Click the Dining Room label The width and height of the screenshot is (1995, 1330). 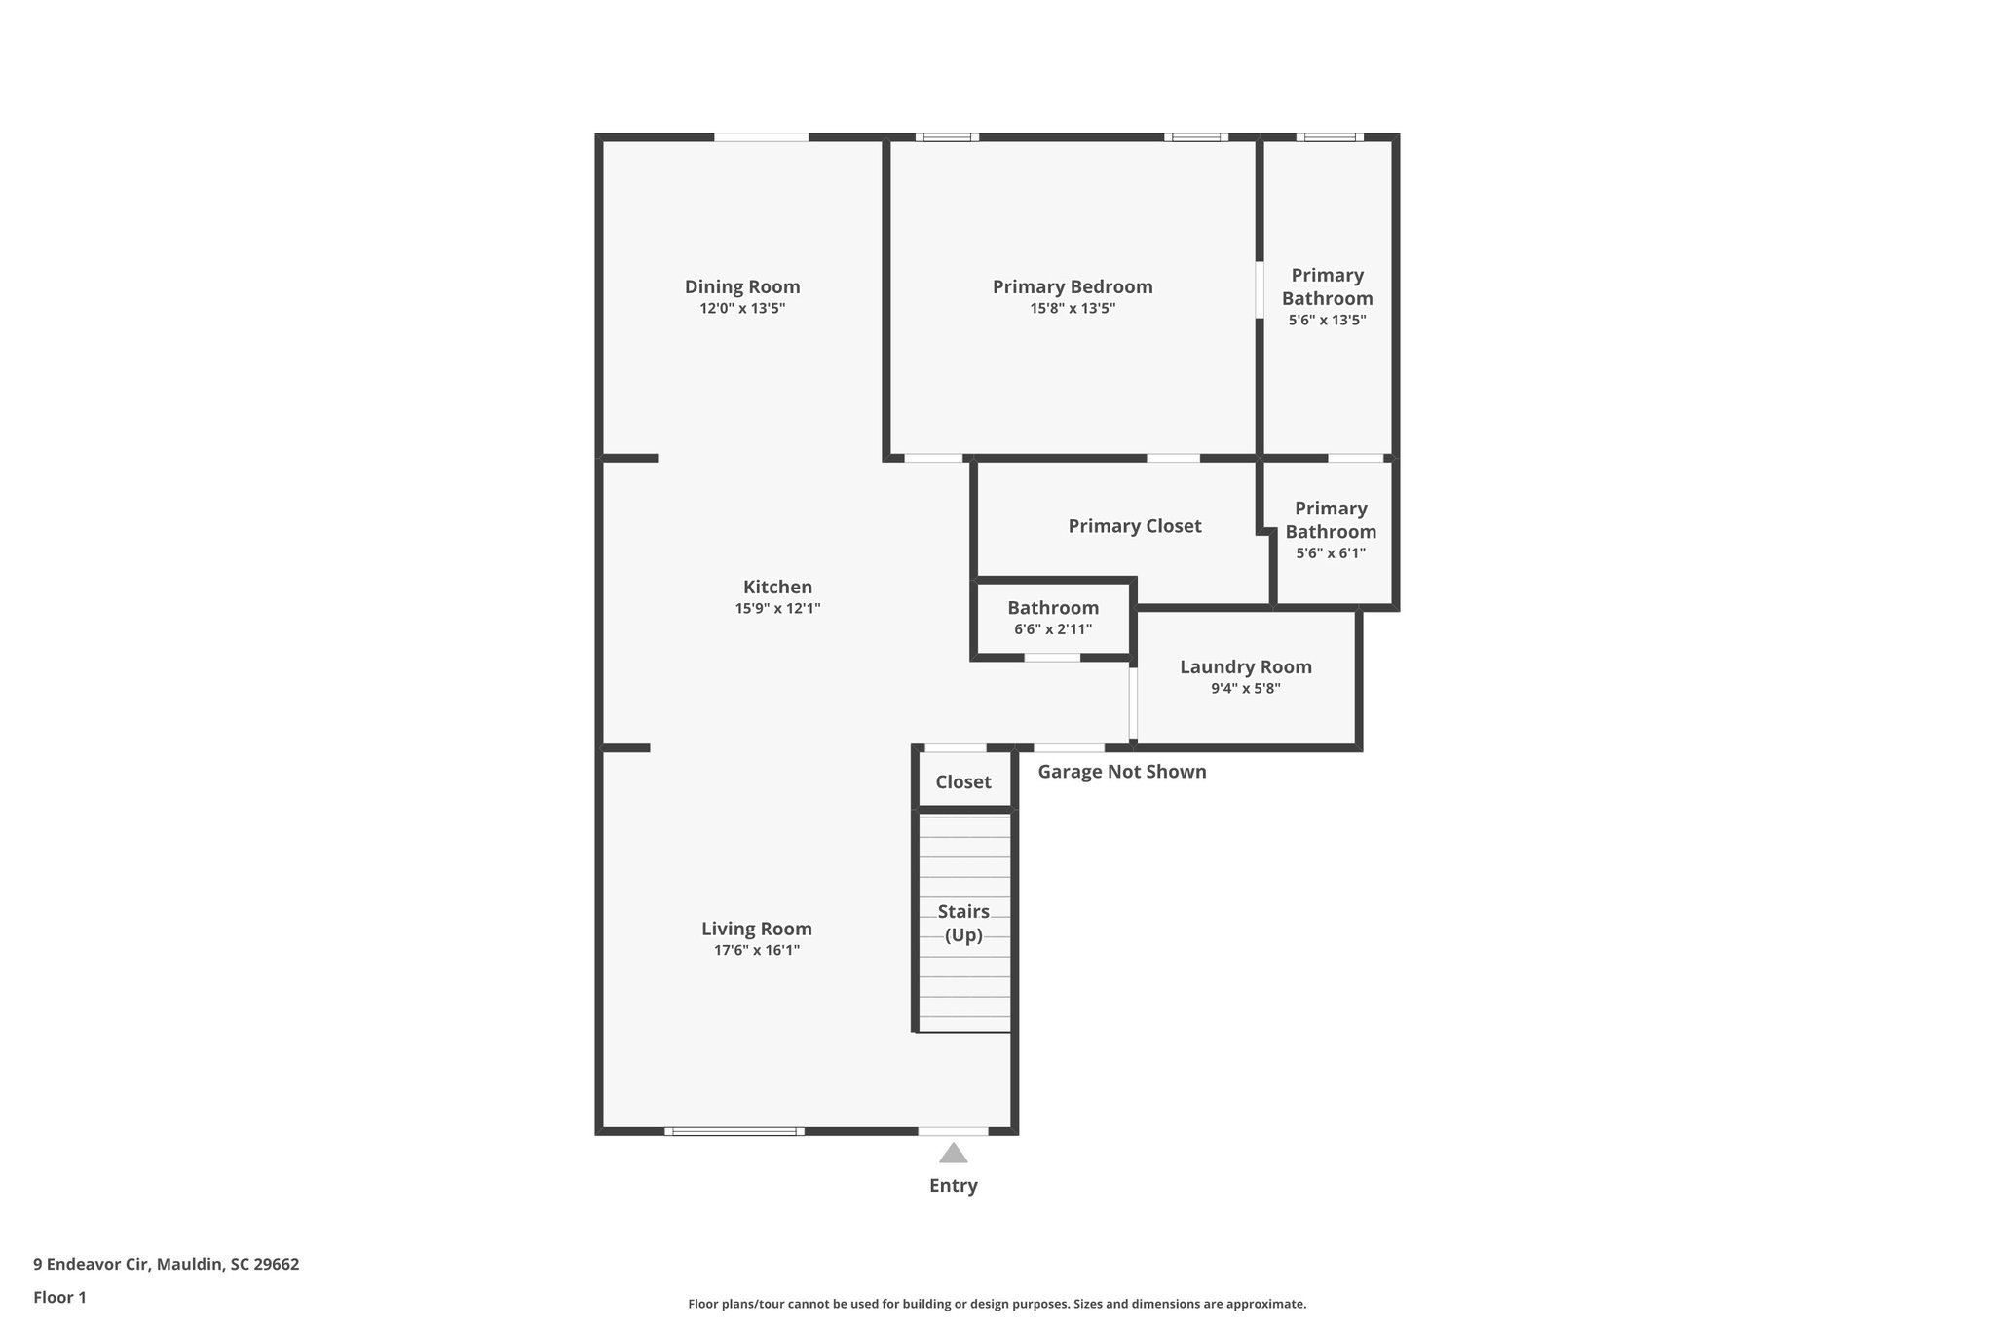pyautogui.click(x=742, y=286)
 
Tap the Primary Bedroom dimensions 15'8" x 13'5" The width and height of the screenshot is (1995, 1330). pyautogui.click(x=1072, y=309)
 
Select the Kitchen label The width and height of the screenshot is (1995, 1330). pyautogui.click(x=777, y=587)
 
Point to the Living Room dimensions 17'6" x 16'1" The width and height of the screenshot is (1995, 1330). pyautogui.click(x=757, y=950)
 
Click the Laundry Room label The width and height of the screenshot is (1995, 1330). pyautogui.click(x=1245, y=666)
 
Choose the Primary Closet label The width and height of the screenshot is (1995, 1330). pyautogui.click(x=1134, y=526)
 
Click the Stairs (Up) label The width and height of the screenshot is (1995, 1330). pyautogui.click(x=963, y=923)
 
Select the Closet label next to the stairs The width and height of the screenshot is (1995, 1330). pyautogui.click(x=963, y=781)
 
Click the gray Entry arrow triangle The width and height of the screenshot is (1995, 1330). pyautogui.click(x=953, y=1155)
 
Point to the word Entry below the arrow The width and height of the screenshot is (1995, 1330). pyautogui.click(x=953, y=1185)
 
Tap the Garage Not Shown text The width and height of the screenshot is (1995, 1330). pyautogui.click(x=1121, y=772)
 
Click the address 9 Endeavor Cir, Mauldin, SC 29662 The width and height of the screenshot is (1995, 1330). pyautogui.click(x=167, y=1264)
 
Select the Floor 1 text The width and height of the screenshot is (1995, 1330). pyautogui.click(x=59, y=1297)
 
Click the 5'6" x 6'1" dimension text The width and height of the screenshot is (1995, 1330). pyautogui.click(x=1330, y=553)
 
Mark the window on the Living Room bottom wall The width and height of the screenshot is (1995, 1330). pyautogui.click(x=734, y=1131)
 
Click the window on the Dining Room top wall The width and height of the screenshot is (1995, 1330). pyautogui.click(x=761, y=137)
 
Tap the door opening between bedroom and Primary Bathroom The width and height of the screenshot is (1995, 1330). pyautogui.click(x=1260, y=289)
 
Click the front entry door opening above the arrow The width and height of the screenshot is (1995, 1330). pyautogui.click(x=953, y=1131)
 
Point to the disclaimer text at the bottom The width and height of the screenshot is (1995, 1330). pyautogui.click(x=997, y=1304)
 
